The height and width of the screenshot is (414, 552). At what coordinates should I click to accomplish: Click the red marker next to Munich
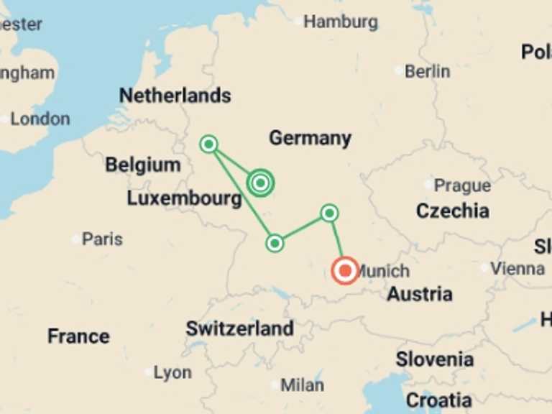345,271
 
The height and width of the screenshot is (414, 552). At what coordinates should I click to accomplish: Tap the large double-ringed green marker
260,183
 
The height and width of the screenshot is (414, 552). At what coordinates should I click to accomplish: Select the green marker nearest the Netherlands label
208,144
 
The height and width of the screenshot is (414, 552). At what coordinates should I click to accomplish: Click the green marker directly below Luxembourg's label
275,243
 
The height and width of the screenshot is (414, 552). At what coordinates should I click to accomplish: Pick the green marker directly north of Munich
329,213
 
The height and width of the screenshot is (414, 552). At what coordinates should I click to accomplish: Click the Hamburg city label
340,22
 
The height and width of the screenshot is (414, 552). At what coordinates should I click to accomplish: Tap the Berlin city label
427,71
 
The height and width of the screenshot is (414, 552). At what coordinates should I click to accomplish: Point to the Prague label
462,185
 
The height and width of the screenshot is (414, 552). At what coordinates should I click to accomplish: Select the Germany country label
310,138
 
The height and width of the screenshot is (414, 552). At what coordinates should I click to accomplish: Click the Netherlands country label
175,96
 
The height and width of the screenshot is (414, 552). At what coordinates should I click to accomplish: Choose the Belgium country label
142,165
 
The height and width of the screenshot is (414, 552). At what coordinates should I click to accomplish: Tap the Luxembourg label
184,198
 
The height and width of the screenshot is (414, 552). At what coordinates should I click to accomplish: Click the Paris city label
102,239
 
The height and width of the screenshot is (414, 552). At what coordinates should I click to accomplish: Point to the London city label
40,119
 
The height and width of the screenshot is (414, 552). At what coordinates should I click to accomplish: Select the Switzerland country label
239,329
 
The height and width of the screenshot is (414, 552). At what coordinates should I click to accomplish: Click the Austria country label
420,294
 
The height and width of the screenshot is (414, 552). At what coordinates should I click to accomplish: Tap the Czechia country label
453,211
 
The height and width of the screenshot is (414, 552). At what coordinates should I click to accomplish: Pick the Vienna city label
517,269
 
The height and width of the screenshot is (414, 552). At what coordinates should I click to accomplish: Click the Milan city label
302,385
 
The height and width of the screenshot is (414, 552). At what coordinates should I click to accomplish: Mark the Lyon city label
172,372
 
